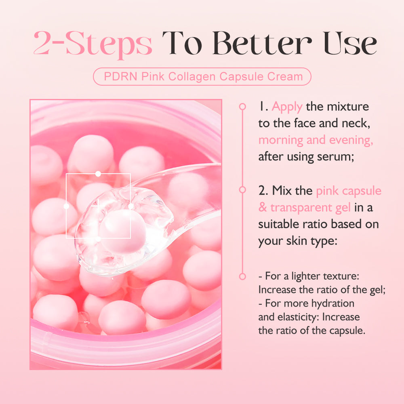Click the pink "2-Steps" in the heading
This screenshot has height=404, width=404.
(93, 44)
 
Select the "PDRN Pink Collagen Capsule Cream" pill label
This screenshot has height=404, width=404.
(202, 76)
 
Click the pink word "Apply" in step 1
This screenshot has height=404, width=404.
(287, 107)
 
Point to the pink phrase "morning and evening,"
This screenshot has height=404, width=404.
(316, 140)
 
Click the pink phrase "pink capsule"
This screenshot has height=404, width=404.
(349, 190)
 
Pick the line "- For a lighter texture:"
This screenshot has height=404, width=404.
(309, 277)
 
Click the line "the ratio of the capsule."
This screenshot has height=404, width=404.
(312, 330)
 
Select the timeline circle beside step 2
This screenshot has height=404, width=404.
(242, 189)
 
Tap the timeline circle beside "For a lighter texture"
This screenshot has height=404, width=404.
(242, 277)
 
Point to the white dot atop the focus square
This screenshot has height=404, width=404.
(98, 173)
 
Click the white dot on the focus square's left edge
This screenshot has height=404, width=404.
(66, 206)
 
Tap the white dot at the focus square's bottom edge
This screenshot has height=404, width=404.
(98, 239)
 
